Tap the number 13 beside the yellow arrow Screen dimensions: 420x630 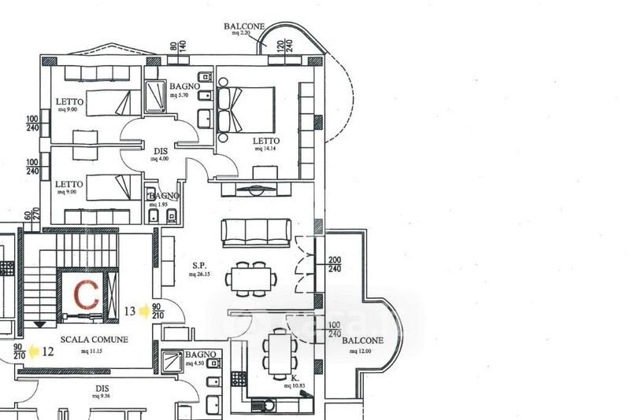[130, 311]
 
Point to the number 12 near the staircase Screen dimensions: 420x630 [48, 351]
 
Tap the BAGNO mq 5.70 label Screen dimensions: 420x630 [183, 87]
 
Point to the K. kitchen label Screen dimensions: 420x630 [295, 378]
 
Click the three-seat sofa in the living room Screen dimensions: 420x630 [255, 232]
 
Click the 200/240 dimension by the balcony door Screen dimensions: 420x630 [335, 265]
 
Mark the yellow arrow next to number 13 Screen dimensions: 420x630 [144, 311]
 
